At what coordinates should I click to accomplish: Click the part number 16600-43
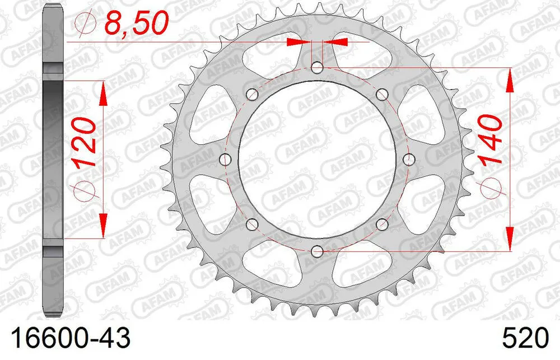coord(67,339)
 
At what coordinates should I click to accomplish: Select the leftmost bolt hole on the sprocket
coord(226,160)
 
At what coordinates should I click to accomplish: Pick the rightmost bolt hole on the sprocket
coord(408,160)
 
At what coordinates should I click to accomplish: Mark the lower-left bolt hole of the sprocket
coord(252,225)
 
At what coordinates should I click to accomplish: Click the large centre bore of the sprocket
coord(317,160)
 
